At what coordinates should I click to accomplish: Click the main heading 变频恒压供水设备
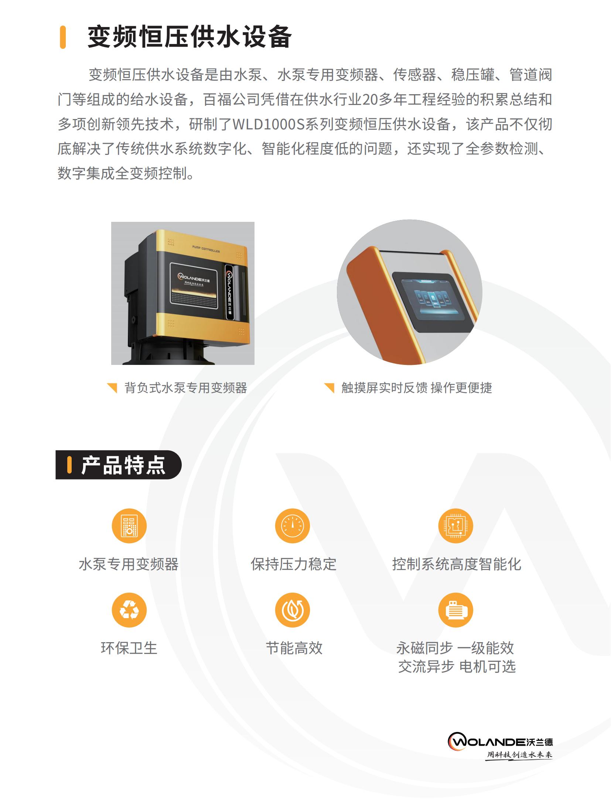point(190,37)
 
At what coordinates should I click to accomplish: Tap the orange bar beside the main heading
point(63,37)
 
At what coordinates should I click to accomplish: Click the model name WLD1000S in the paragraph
point(268,124)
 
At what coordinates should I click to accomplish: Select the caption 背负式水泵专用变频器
point(185,388)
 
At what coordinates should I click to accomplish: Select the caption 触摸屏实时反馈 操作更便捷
point(417,388)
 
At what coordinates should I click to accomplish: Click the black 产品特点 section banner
point(118,465)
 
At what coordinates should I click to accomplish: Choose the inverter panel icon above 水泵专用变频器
point(129,526)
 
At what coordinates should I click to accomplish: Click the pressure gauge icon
point(293,526)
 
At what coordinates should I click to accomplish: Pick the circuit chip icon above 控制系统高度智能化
point(456,526)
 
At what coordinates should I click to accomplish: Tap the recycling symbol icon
point(129,610)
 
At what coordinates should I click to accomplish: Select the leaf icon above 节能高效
point(293,610)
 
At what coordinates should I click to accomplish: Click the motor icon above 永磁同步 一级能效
point(456,610)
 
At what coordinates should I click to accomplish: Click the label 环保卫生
point(129,648)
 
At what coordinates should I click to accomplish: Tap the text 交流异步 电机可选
point(457,667)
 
